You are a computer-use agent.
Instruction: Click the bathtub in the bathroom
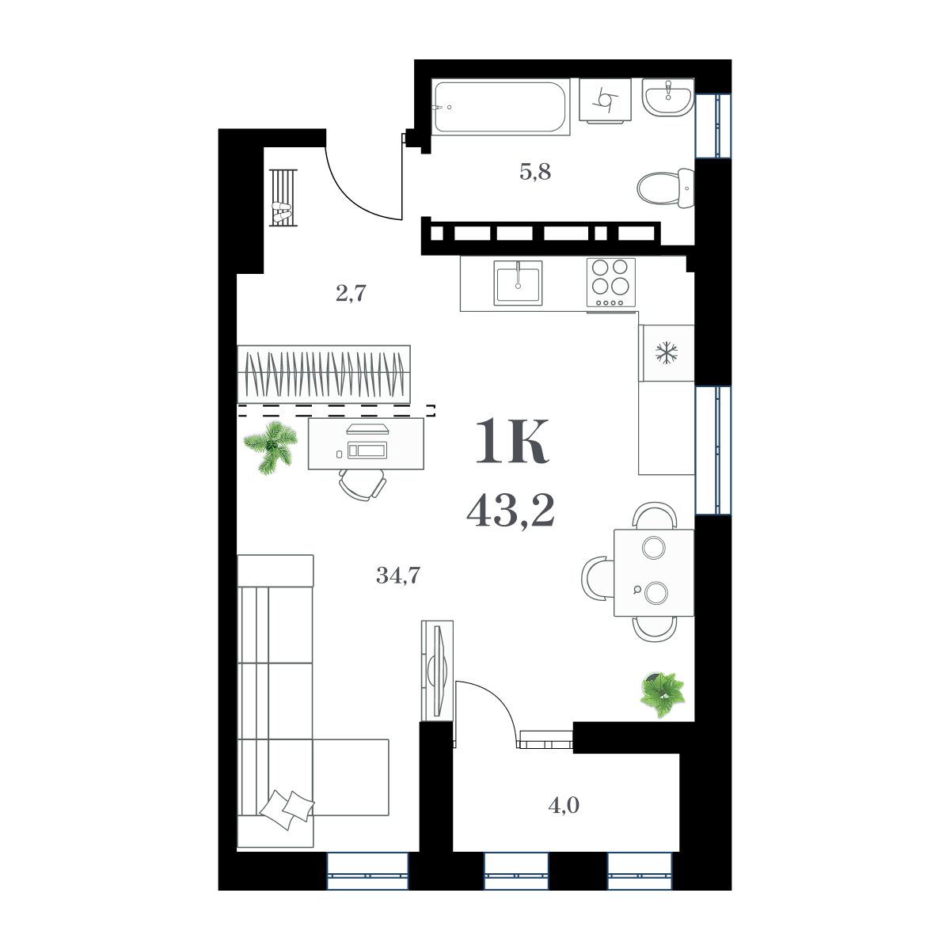pyautogui.click(x=500, y=108)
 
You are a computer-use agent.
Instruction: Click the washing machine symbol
pyautogui.click(x=606, y=101)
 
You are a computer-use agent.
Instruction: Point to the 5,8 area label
pyautogui.click(x=534, y=171)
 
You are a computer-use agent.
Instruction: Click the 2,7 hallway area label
pyautogui.click(x=351, y=294)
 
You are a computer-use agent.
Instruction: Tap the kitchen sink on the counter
pyautogui.click(x=518, y=283)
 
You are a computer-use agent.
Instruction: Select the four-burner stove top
pyautogui.click(x=611, y=282)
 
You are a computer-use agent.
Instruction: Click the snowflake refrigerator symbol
pyautogui.click(x=667, y=353)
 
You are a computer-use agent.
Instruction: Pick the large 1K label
pyautogui.click(x=511, y=444)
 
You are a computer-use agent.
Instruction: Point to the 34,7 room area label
pyautogui.click(x=397, y=576)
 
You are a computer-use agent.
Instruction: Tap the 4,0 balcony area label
pyautogui.click(x=564, y=806)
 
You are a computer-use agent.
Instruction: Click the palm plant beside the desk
pyautogui.click(x=270, y=446)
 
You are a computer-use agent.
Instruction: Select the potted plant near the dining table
pyautogui.click(x=663, y=693)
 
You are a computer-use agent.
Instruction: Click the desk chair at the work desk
pyautogui.click(x=363, y=483)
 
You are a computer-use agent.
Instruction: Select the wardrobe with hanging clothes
pyautogui.click(x=325, y=374)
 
